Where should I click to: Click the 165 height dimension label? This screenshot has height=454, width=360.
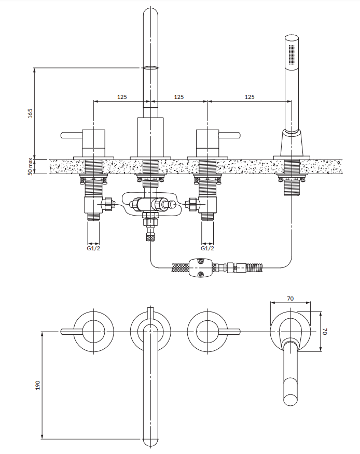tap(30, 113)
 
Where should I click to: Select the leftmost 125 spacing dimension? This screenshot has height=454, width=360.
tap(122, 97)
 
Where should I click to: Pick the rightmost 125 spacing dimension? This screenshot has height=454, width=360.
tap(250, 97)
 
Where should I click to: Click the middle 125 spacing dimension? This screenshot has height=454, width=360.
tap(178, 97)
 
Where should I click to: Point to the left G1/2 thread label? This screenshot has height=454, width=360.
tap(93, 249)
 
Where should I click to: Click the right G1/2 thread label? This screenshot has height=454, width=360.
tap(207, 249)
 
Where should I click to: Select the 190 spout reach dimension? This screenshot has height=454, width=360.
tap(37, 386)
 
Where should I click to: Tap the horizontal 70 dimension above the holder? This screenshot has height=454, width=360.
tap(290, 299)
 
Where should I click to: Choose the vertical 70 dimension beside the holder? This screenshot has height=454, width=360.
tap(326, 331)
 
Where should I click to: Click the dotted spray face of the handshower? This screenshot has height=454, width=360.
tap(291, 54)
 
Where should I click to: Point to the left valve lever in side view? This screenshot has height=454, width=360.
tap(71, 136)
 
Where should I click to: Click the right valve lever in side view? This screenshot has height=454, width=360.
tap(230, 136)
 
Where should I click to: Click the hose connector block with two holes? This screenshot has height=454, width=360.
tap(201, 267)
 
